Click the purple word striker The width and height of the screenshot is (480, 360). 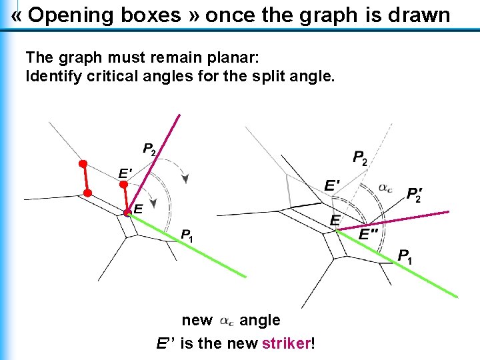[287, 344]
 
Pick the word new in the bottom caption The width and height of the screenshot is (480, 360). [197, 321]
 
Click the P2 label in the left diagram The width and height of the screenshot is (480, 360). [149, 149]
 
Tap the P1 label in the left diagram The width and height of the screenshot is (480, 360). [187, 235]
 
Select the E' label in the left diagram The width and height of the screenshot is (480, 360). [125, 173]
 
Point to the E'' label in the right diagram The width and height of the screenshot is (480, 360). [368, 234]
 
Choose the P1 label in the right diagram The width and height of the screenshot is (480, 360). [405, 255]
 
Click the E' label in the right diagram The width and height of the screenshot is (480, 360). [332, 184]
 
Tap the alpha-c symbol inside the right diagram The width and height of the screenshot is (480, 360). [385, 187]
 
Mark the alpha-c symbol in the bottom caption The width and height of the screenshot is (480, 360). [227, 321]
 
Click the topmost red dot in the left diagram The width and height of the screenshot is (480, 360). [83, 163]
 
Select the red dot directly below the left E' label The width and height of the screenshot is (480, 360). [123, 184]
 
